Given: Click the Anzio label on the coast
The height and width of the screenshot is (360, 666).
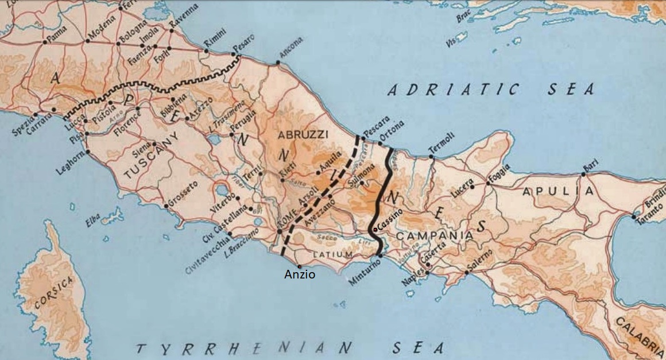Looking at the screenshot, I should [300, 274].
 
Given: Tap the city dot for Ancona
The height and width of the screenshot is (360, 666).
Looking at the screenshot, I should [278, 63].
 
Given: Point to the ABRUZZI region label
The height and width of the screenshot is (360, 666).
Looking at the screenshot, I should [303, 134].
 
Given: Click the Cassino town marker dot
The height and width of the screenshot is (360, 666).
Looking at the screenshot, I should [375, 230].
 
